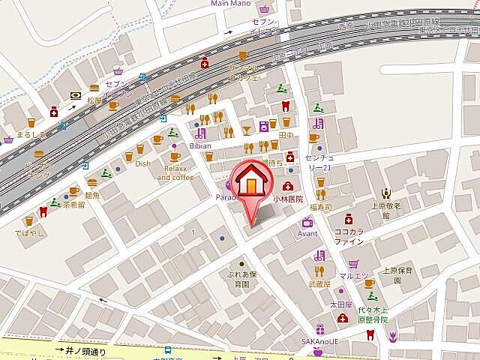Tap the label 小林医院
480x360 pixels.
288,199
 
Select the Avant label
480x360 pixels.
307,234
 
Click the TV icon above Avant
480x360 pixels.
307,221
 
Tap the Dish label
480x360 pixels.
142,163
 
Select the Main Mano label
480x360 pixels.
231,4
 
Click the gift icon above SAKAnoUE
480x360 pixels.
320,329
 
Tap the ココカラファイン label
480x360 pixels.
349,236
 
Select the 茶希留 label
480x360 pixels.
74,203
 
